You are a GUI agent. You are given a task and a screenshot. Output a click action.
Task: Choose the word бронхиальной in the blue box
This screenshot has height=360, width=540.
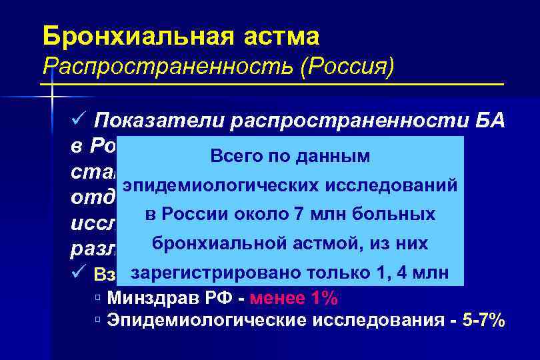[x=223, y=244]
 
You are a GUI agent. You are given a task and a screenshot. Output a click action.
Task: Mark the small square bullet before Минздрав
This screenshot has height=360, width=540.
[x=99, y=298]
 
